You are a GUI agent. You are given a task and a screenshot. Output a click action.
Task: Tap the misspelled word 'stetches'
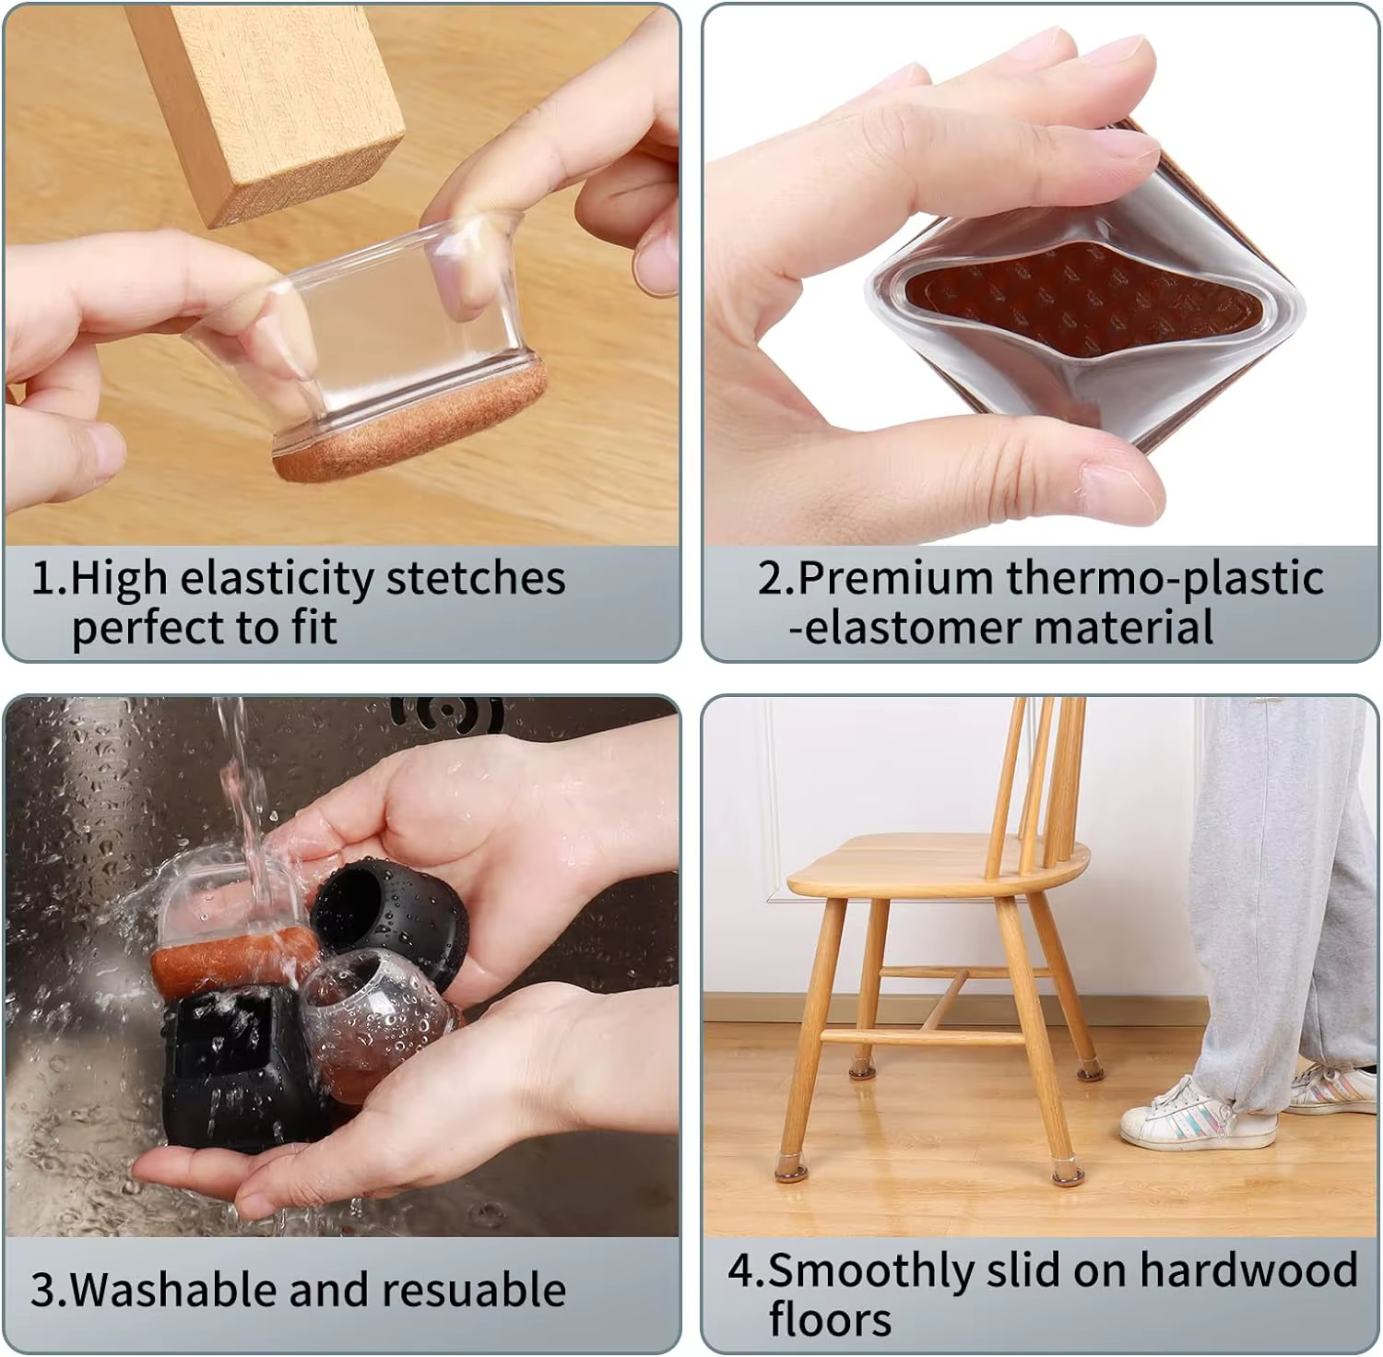475,578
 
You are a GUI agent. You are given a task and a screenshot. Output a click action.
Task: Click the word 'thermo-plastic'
1164,579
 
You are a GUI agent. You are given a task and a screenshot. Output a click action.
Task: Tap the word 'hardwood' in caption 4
1248,1269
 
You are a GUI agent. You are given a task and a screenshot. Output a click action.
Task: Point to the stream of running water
242,802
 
